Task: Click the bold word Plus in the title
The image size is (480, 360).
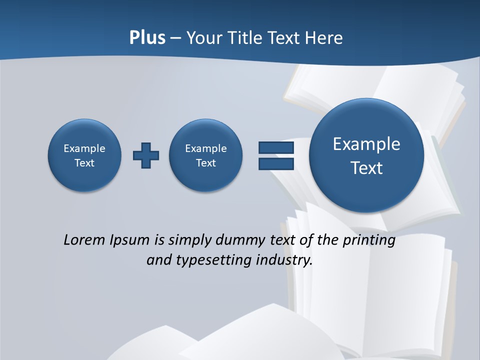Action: (x=147, y=38)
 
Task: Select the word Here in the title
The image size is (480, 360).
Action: (x=324, y=38)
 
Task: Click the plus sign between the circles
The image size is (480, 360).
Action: (x=146, y=155)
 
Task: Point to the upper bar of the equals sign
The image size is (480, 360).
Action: (x=276, y=147)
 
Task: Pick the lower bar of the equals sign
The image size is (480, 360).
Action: (x=276, y=163)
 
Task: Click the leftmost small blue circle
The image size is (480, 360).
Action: (x=84, y=155)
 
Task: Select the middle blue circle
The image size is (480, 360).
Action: (x=206, y=155)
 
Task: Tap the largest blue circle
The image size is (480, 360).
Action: (x=366, y=155)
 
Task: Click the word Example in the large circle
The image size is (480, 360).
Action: (x=366, y=144)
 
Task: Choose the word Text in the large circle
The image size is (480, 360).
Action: (x=366, y=168)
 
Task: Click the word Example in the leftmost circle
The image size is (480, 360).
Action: (x=84, y=148)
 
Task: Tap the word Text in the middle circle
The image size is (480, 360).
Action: (x=206, y=163)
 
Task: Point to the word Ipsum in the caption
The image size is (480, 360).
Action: (x=130, y=240)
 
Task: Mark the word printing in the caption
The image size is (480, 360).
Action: (x=369, y=240)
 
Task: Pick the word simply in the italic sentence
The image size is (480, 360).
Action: (x=190, y=240)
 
